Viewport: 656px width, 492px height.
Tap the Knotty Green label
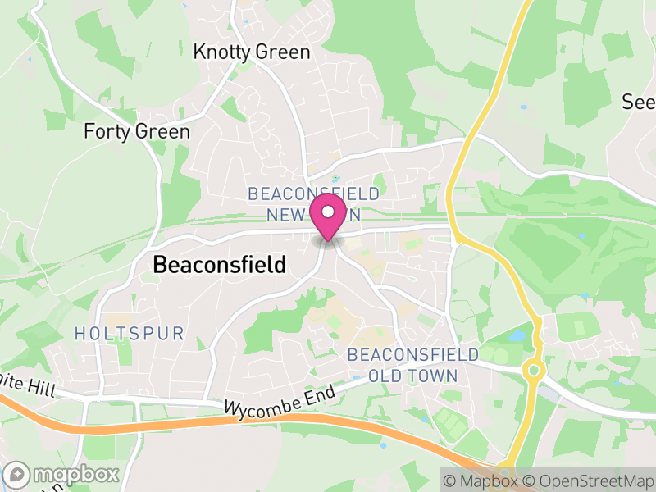(252, 52)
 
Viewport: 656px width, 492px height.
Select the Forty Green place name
(137, 131)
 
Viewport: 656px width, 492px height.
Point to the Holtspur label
(129, 333)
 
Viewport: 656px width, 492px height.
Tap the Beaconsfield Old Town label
(412, 365)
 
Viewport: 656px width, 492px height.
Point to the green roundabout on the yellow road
(534, 370)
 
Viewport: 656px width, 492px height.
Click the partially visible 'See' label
(639, 102)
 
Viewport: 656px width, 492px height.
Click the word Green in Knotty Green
(281, 52)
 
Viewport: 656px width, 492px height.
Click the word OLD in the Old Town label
(385, 376)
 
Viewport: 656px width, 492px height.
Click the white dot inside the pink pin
(329, 212)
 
